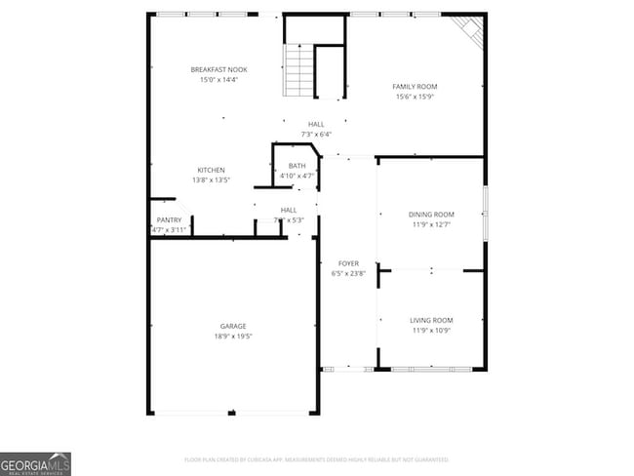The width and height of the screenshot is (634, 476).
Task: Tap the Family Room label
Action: (x=415, y=87)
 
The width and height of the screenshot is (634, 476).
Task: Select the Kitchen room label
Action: (x=212, y=170)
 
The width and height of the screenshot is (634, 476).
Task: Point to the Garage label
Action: (x=233, y=326)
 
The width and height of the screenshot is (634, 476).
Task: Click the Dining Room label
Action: (x=431, y=215)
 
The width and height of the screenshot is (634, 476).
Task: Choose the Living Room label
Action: (x=431, y=320)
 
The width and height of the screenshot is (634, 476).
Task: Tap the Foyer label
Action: (x=348, y=263)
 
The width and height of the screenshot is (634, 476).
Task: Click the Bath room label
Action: (x=297, y=166)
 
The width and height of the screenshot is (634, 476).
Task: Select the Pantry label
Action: (x=169, y=220)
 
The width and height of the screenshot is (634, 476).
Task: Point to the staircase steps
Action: (x=298, y=71)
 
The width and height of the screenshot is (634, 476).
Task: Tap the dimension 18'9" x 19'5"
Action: (x=233, y=337)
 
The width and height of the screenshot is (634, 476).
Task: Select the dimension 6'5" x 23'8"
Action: (x=348, y=274)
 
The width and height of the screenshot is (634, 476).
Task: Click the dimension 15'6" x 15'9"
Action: (x=415, y=98)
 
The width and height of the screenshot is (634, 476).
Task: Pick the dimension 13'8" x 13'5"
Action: (x=212, y=180)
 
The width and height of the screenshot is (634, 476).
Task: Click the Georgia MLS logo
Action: (x=36, y=463)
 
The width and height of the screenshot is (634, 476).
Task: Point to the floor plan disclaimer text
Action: (x=316, y=459)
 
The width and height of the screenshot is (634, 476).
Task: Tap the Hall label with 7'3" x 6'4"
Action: (x=316, y=124)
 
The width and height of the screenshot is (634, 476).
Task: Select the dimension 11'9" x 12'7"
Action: (x=431, y=225)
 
